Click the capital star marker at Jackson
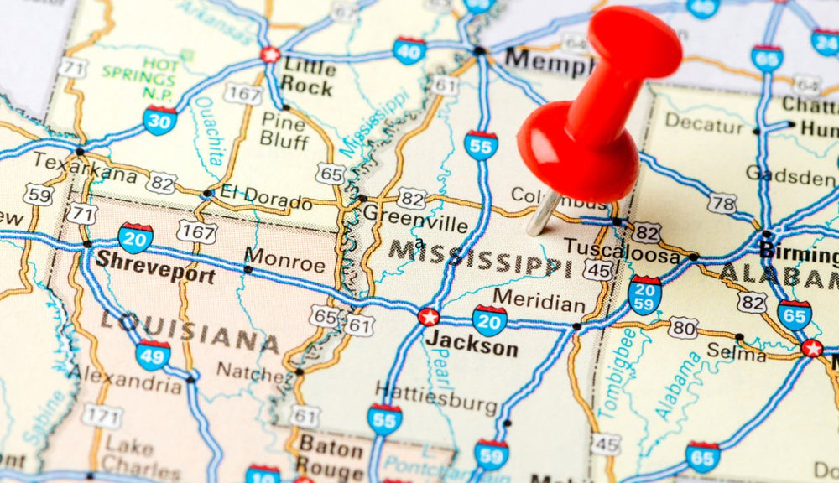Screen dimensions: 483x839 [429, 317]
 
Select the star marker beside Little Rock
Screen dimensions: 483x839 [270, 55]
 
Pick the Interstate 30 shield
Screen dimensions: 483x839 [159, 120]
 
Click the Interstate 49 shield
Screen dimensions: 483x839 [153, 355]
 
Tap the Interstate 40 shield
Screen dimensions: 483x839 [409, 50]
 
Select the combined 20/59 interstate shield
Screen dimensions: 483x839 [644, 295]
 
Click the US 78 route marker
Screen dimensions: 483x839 [722, 203]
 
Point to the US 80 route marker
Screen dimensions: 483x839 [683, 327]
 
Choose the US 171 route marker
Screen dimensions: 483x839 [102, 415]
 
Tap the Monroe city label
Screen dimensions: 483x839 [284, 263]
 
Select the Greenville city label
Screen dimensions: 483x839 [415, 224]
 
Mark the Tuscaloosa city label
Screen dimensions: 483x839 [621, 249]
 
